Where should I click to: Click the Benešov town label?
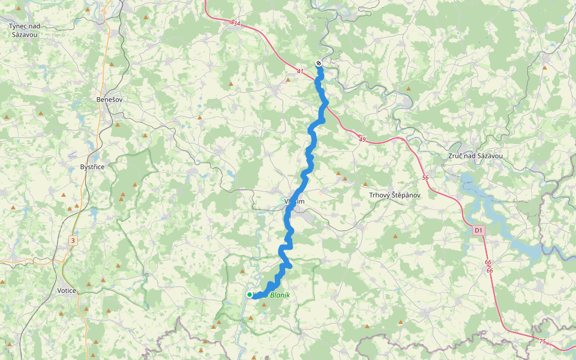pyautogui.click(x=110, y=99)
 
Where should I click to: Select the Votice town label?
pyautogui.click(x=66, y=290)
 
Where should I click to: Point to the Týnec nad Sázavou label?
pyautogui.click(x=24, y=31)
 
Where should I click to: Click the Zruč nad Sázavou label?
pyautogui.click(x=476, y=156)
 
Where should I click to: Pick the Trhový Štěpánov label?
pyautogui.click(x=394, y=196)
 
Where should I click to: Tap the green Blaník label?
pyautogui.click(x=280, y=295)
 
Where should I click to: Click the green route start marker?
pyautogui.click(x=250, y=295)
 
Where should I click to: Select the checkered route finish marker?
pyautogui.click(x=319, y=63)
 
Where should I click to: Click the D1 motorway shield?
pyautogui.click(x=478, y=230)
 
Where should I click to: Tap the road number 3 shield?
pyautogui.click(x=73, y=241)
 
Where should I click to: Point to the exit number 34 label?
pyautogui.click(x=236, y=24)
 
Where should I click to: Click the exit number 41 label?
pyautogui.click(x=300, y=72)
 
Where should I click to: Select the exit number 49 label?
pyautogui.click(x=362, y=140)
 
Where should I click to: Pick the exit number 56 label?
pyautogui.click(x=425, y=178)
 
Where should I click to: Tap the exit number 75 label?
pyautogui.click(x=542, y=341)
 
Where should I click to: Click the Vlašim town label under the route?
pyautogui.click(x=295, y=202)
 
